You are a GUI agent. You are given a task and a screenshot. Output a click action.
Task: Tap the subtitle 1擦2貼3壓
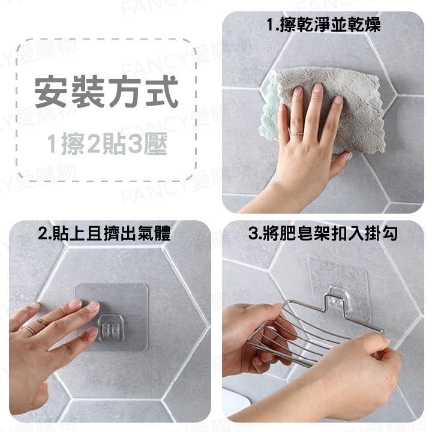pyautogui.click(x=106, y=144)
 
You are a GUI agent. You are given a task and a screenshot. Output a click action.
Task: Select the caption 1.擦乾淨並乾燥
pyautogui.click(x=324, y=25)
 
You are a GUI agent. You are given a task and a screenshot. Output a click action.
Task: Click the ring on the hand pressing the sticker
pyautogui.click(x=28, y=328)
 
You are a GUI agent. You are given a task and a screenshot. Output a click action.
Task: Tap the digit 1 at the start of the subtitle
pyautogui.click(x=52, y=144)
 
